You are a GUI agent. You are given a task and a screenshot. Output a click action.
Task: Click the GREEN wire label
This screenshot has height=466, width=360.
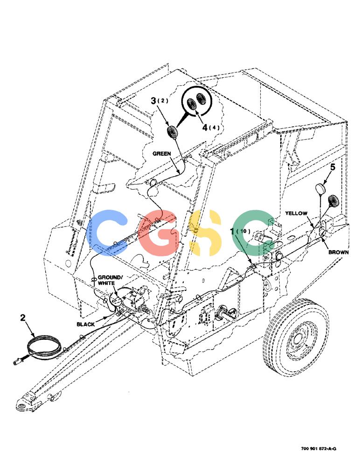[161, 154]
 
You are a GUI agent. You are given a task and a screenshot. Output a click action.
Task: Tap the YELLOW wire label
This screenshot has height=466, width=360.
[296, 213]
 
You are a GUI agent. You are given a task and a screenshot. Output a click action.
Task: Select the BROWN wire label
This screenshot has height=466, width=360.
[338, 252]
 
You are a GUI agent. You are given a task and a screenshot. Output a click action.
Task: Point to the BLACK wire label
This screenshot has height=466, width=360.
[86, 324]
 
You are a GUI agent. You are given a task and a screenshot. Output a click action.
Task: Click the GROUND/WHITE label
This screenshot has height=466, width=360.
[109, 280]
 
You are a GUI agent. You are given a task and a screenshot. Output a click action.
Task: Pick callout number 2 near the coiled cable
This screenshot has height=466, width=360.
[23, 318]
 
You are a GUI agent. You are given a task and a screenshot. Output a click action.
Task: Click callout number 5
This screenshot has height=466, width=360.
[332, 167]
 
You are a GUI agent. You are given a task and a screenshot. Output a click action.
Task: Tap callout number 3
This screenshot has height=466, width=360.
[153, 101]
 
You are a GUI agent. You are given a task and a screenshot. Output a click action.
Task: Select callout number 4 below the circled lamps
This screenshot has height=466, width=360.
[205, 128]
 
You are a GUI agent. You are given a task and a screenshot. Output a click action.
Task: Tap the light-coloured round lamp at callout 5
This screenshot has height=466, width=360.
[320, 189]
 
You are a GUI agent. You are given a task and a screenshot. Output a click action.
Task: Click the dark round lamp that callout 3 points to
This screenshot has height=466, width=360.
[172, 132]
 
